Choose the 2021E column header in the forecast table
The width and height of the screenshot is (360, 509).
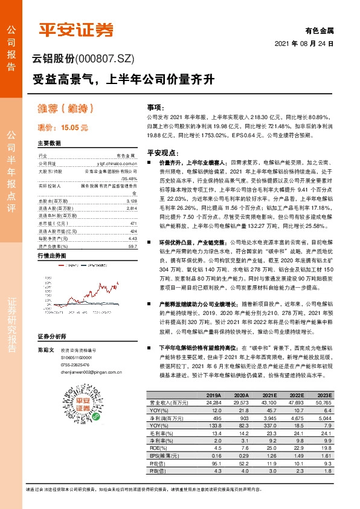tap(263, 394)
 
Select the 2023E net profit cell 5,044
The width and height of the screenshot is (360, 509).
tap(324, 418)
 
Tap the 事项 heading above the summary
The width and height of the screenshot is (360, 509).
tap(155, 106)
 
